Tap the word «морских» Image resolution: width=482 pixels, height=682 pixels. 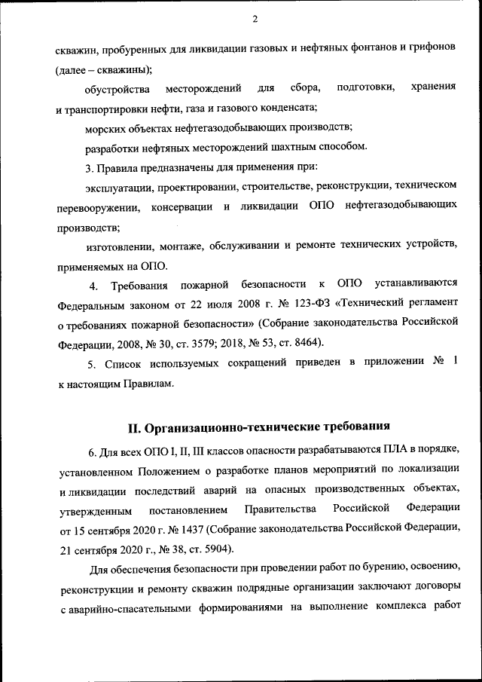coord(104,127)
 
